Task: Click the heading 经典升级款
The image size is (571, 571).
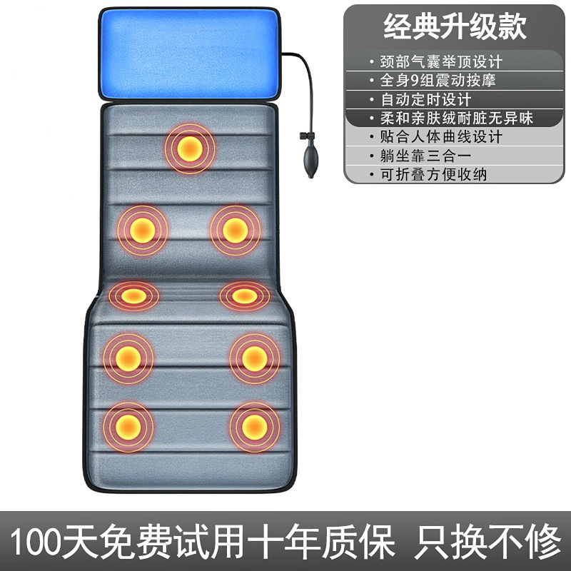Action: (455, 26)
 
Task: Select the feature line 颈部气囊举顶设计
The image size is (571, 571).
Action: (440, 61)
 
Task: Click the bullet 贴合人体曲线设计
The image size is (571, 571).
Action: (440, 136)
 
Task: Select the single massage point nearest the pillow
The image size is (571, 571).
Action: (190, 148)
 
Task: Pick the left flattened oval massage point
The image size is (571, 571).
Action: (133, 295)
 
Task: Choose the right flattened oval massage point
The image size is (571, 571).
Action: (244, 295)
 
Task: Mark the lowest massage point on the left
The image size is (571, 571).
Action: (128, 426)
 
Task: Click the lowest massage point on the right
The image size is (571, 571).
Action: (254, 426)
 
